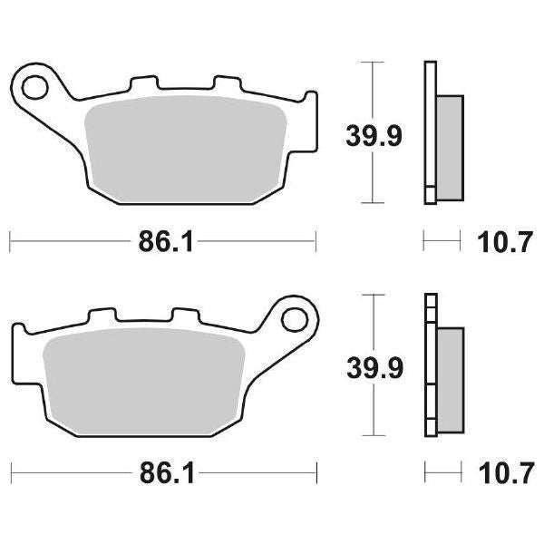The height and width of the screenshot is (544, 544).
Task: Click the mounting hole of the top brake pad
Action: [x=35, y=88]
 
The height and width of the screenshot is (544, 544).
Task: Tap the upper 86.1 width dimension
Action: [x=162, y=242]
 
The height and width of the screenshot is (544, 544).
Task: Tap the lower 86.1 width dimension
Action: [x=162, y=472]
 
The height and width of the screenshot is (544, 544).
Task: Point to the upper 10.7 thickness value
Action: [x=500, y=242]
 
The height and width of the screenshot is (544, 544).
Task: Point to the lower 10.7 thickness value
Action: [x=500, y=472]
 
